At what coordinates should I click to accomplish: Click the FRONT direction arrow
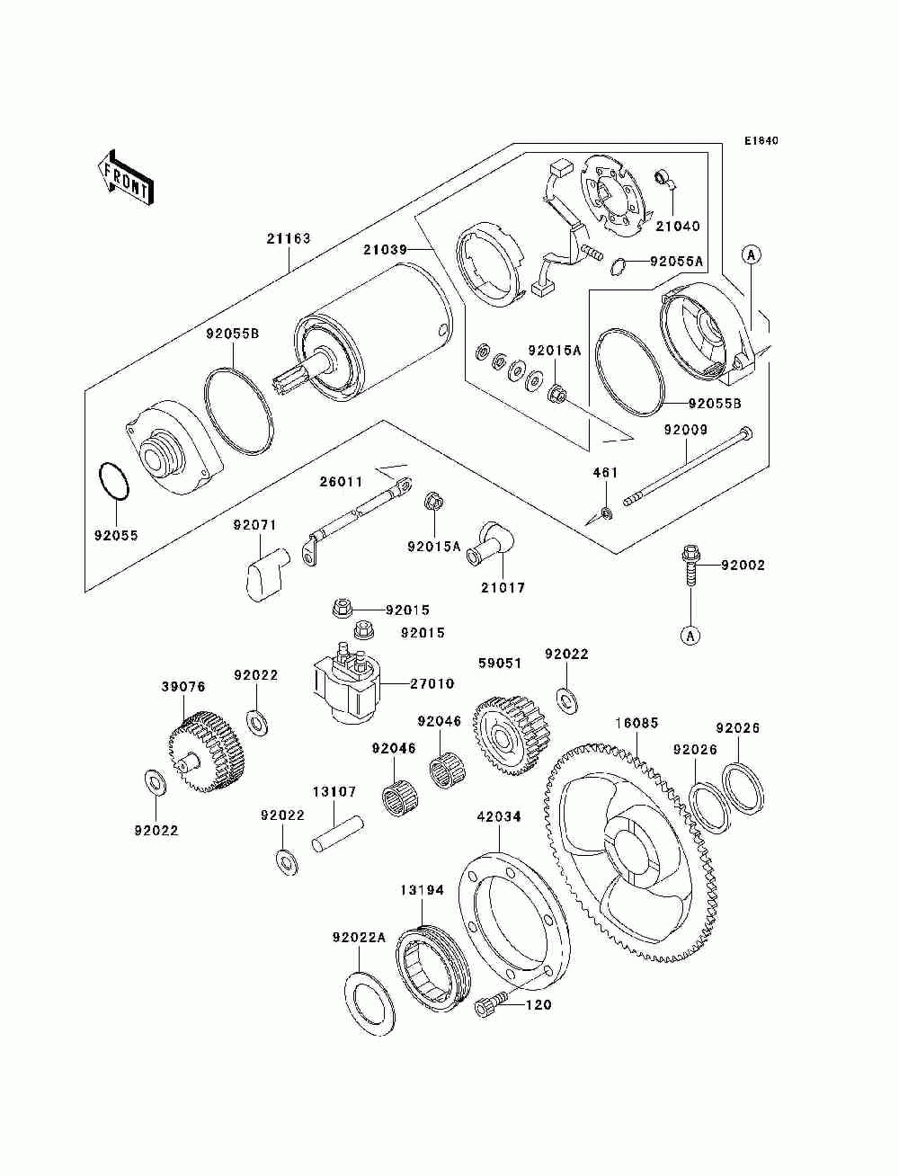(126, 177)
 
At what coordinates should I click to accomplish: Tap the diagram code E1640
(761, 141)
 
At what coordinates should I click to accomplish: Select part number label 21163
(289, 238)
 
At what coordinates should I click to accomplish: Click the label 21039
(385, 250)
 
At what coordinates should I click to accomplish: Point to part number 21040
(678, 226)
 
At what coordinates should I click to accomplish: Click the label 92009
(686, 430)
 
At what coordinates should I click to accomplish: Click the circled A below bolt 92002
(690, 636)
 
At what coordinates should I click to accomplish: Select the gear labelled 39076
(206, 751)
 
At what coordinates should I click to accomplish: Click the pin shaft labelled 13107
(339, 834)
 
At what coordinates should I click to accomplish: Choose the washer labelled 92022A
(369, 1002)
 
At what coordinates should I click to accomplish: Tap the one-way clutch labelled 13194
(433, 965)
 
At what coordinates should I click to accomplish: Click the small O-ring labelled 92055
(114, 481)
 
